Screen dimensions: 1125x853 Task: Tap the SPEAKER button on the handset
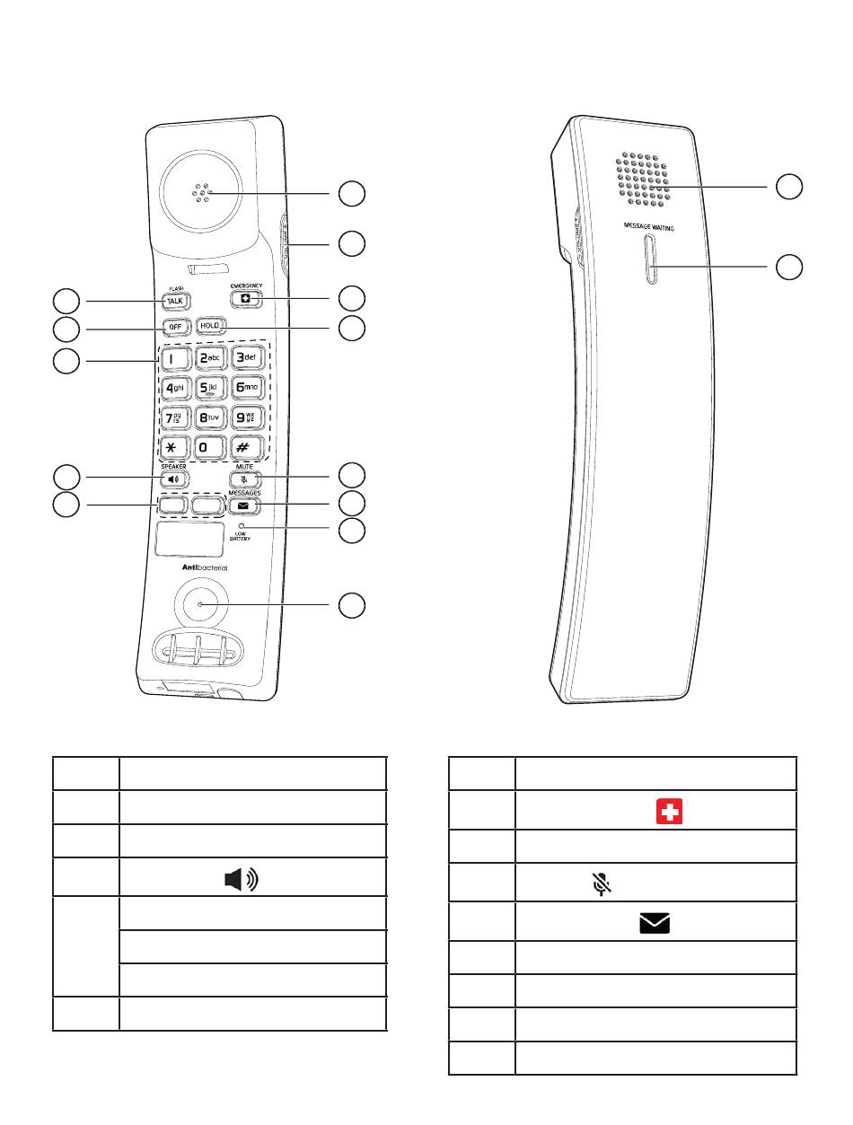pos(175,479)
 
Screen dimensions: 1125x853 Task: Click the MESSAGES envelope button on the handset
pos(243,505)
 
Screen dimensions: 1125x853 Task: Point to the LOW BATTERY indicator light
pos(242,526)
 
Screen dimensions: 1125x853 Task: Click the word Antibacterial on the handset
pos(201,568)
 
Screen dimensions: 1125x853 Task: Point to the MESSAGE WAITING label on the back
pos(649,228)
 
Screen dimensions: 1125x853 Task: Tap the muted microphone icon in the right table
pos(601,884)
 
